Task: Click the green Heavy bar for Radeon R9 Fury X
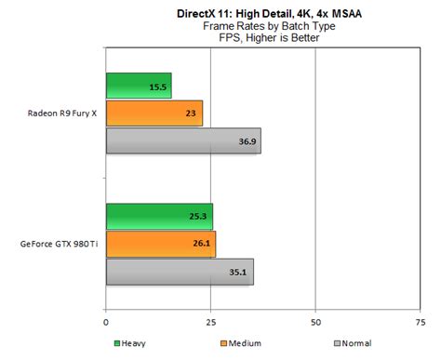(139, 86)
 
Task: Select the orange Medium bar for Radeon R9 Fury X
(154, 113)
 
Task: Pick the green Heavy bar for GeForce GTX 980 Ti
(159, 217)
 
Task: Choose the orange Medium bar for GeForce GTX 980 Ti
(161, 245)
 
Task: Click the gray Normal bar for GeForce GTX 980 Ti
(180, 272)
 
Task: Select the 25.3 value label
(199, 218)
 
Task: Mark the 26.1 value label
(202, 245)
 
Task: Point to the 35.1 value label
(239, 273)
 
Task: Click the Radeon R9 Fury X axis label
(64, 113)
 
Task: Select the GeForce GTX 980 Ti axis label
(60, 245)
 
